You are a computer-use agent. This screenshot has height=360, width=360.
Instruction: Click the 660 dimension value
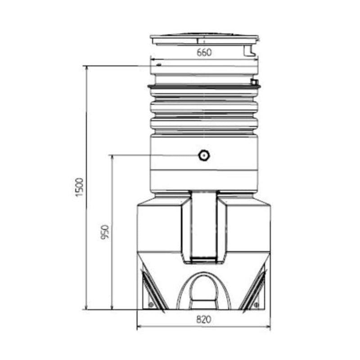[x=204, y=52]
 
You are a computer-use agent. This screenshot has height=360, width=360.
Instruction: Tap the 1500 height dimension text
[x=80, y=187]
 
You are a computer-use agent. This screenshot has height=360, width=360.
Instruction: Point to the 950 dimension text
[x=106, y=232]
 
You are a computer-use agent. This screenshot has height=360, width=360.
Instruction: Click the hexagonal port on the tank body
[x=204, y=156]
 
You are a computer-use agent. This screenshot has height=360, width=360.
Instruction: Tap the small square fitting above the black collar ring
[x=255, y=82]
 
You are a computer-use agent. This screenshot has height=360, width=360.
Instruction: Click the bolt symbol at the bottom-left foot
[x=150, y=305]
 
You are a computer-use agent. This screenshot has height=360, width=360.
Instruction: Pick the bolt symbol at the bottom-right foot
[x=256, y=305]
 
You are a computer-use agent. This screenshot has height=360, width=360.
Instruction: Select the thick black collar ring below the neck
[x=203, y=86]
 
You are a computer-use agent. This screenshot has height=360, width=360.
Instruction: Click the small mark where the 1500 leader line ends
[x=159, y=65]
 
